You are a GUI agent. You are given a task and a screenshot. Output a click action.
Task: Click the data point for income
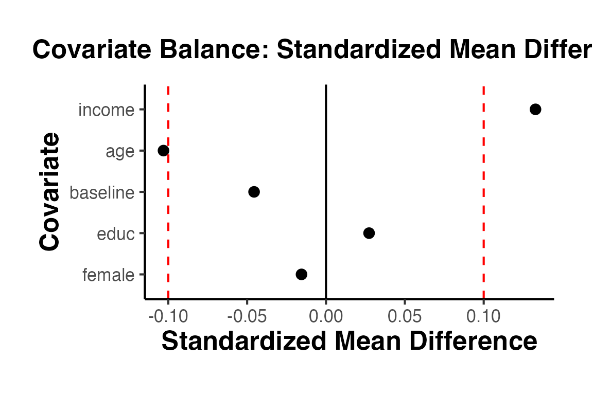click(x=535, y=109)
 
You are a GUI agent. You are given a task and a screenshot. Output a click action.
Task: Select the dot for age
click(x=163, y=151)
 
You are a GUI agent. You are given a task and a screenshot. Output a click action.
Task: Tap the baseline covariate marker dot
click(x=254, y=192)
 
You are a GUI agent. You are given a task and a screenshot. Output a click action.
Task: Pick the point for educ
click(x=369, y=233)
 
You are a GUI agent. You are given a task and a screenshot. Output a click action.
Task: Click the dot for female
click(x=302, y=274)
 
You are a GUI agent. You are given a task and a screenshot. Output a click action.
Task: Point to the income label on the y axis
click(x=106, y=110)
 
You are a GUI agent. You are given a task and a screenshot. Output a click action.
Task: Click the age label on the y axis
click(x=120, y=152)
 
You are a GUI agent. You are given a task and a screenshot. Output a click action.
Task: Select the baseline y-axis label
click(x=101, y=193)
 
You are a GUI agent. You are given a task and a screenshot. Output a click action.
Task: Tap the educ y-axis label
click(x=115, y=234)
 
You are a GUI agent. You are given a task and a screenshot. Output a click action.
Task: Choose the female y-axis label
click(x=108, y=275)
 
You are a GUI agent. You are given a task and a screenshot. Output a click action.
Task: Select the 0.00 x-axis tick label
click(x=326, y=316)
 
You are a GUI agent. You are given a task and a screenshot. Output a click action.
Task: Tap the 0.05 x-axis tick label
click(x=405, y=316)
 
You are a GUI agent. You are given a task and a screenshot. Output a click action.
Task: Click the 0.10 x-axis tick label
click(x=483, y=316)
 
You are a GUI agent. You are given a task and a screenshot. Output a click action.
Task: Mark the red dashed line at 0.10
click(x=483, y=206)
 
